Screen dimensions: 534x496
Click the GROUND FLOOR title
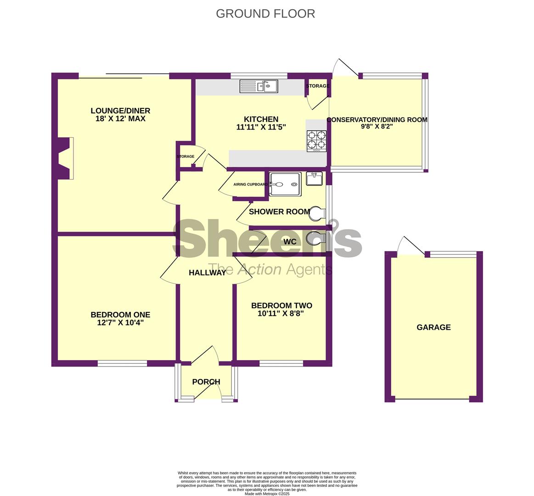click(265, 14)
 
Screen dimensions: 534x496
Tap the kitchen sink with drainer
click(259, 86)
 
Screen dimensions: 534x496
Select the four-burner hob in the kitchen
click(317, 141)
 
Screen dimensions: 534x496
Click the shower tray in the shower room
click(286, 184)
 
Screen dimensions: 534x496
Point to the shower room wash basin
click(315, 179)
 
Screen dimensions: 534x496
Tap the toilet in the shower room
click(317, 213)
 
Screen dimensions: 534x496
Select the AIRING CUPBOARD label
click(251, 184)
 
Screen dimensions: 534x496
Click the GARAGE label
click(433, 327)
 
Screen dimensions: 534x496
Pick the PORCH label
click(206, 382)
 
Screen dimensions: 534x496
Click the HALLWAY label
click(208, 272)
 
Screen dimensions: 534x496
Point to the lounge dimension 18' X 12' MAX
click(121, 119)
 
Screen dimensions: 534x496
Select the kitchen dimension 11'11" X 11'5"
click(261, 127)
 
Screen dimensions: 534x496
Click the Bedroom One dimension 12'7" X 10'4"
click(121, 322)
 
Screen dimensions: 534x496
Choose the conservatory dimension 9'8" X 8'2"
click(377, 127)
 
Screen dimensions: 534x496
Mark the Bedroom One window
click(122, 364)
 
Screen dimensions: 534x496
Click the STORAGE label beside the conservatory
click(317, 86)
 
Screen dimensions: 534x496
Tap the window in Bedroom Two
click(281, 364)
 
